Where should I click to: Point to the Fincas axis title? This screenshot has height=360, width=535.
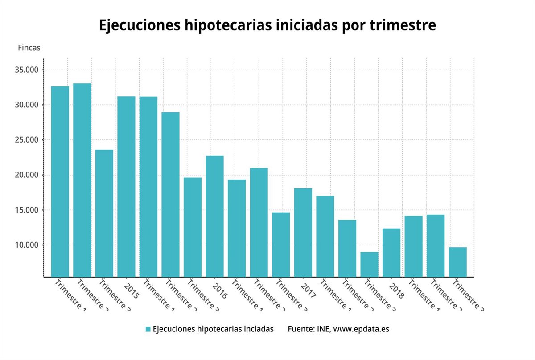coord(29,48)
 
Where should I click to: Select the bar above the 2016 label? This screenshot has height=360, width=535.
coord(214,216)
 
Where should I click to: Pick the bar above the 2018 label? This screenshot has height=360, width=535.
coord(391,252)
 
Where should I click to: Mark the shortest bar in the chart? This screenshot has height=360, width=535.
coord(369,264)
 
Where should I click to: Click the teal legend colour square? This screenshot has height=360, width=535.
coord(148,329)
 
